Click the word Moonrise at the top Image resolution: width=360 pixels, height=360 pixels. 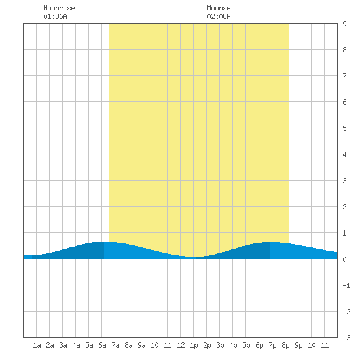pyautogui.click(x=59, y=8)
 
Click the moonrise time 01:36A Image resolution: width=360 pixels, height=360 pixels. pyautogui.click(x=56, y=16)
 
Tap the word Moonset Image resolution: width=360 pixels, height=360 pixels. pyautogui.click(x=221, y=8)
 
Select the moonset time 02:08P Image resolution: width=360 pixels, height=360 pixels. pyautogui.click(x=219, y=16)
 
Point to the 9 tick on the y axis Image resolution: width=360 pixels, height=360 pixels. pyautogui.click(x=344, y=24)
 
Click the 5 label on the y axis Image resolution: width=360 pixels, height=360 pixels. pyautogui.click(x=344, y=128)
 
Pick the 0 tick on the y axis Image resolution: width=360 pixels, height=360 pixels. pyautogui.click(x=344, y=259)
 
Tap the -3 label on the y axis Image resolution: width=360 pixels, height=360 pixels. pyautogui.click(x=346, y=338)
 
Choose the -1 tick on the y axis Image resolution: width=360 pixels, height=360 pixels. pyautogui.click(x=346, y=285)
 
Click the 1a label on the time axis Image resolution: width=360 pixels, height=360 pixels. pyautogui.click(x=37, y=345)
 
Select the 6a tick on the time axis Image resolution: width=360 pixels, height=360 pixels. pyautogui.click(x=102, y=345)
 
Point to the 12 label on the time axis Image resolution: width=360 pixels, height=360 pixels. pyautogui.click(x=181, y=345)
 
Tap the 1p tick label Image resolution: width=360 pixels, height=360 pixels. pyautogui.click(x=194, y=345)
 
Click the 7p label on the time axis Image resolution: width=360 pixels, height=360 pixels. pyautogui.click(x=272, y=345)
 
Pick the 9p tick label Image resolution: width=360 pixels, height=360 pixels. pyautogui.click(x=298, y=345)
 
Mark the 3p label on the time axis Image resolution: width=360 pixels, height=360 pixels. pyautogui.click(x=220, y=345)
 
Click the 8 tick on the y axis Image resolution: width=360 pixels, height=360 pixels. pyautogui.click(x=344, y=50)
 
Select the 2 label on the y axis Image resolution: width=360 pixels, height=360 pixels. pyautogui.click(x=344, y=207)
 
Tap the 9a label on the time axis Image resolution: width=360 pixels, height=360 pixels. pyautogui.click(x=141, y=345)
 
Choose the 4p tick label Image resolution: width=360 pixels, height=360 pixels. pyautogui.click(x=233, y=345)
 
